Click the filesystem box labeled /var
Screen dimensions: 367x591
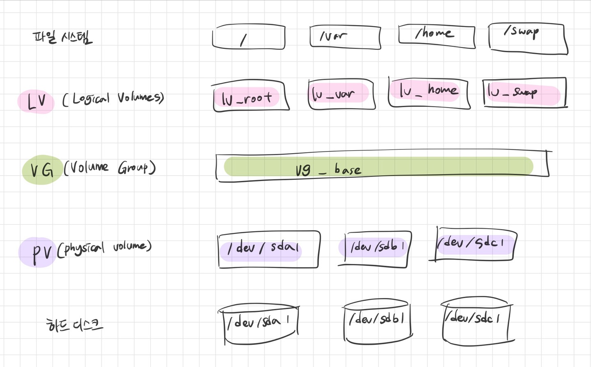pyautogui.click(x=345, y=37)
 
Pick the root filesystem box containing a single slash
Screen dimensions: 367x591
pyautogui.click(x=248, y=38)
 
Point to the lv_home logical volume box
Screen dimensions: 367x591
pyautogui.click(x=428, y=92)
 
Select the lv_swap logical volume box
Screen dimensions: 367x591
pyautogui.click(x=524, y=92)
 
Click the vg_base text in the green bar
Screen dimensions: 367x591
pyautogui.click(x=328, y=169)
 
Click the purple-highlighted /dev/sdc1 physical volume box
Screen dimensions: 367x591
pyautogui.click(x=474, y=243)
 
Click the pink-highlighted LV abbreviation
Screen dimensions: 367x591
pyautogui.click(x=36, y=101)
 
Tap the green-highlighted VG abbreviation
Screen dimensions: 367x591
pyautogui.click(x=41, y=169)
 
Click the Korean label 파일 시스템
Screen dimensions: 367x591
pyautogui.click(x=62, y=37)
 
